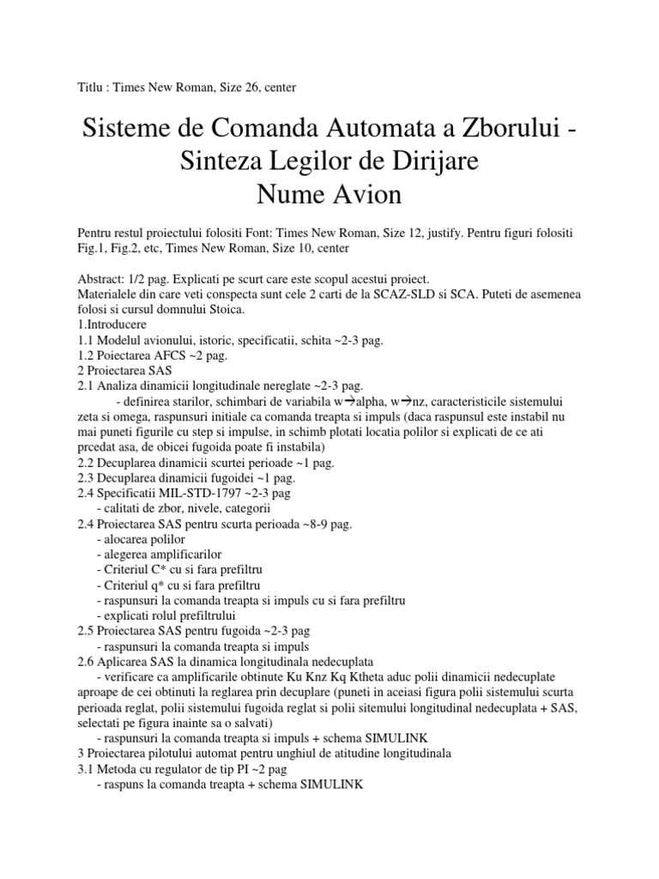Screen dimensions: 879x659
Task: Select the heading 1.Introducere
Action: pyautogui.click(x=112, y=324)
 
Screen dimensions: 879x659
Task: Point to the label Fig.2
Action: pyautogui.click(x=135, y=248)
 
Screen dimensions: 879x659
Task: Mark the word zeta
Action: pyautogui.click(x=90, y=412)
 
